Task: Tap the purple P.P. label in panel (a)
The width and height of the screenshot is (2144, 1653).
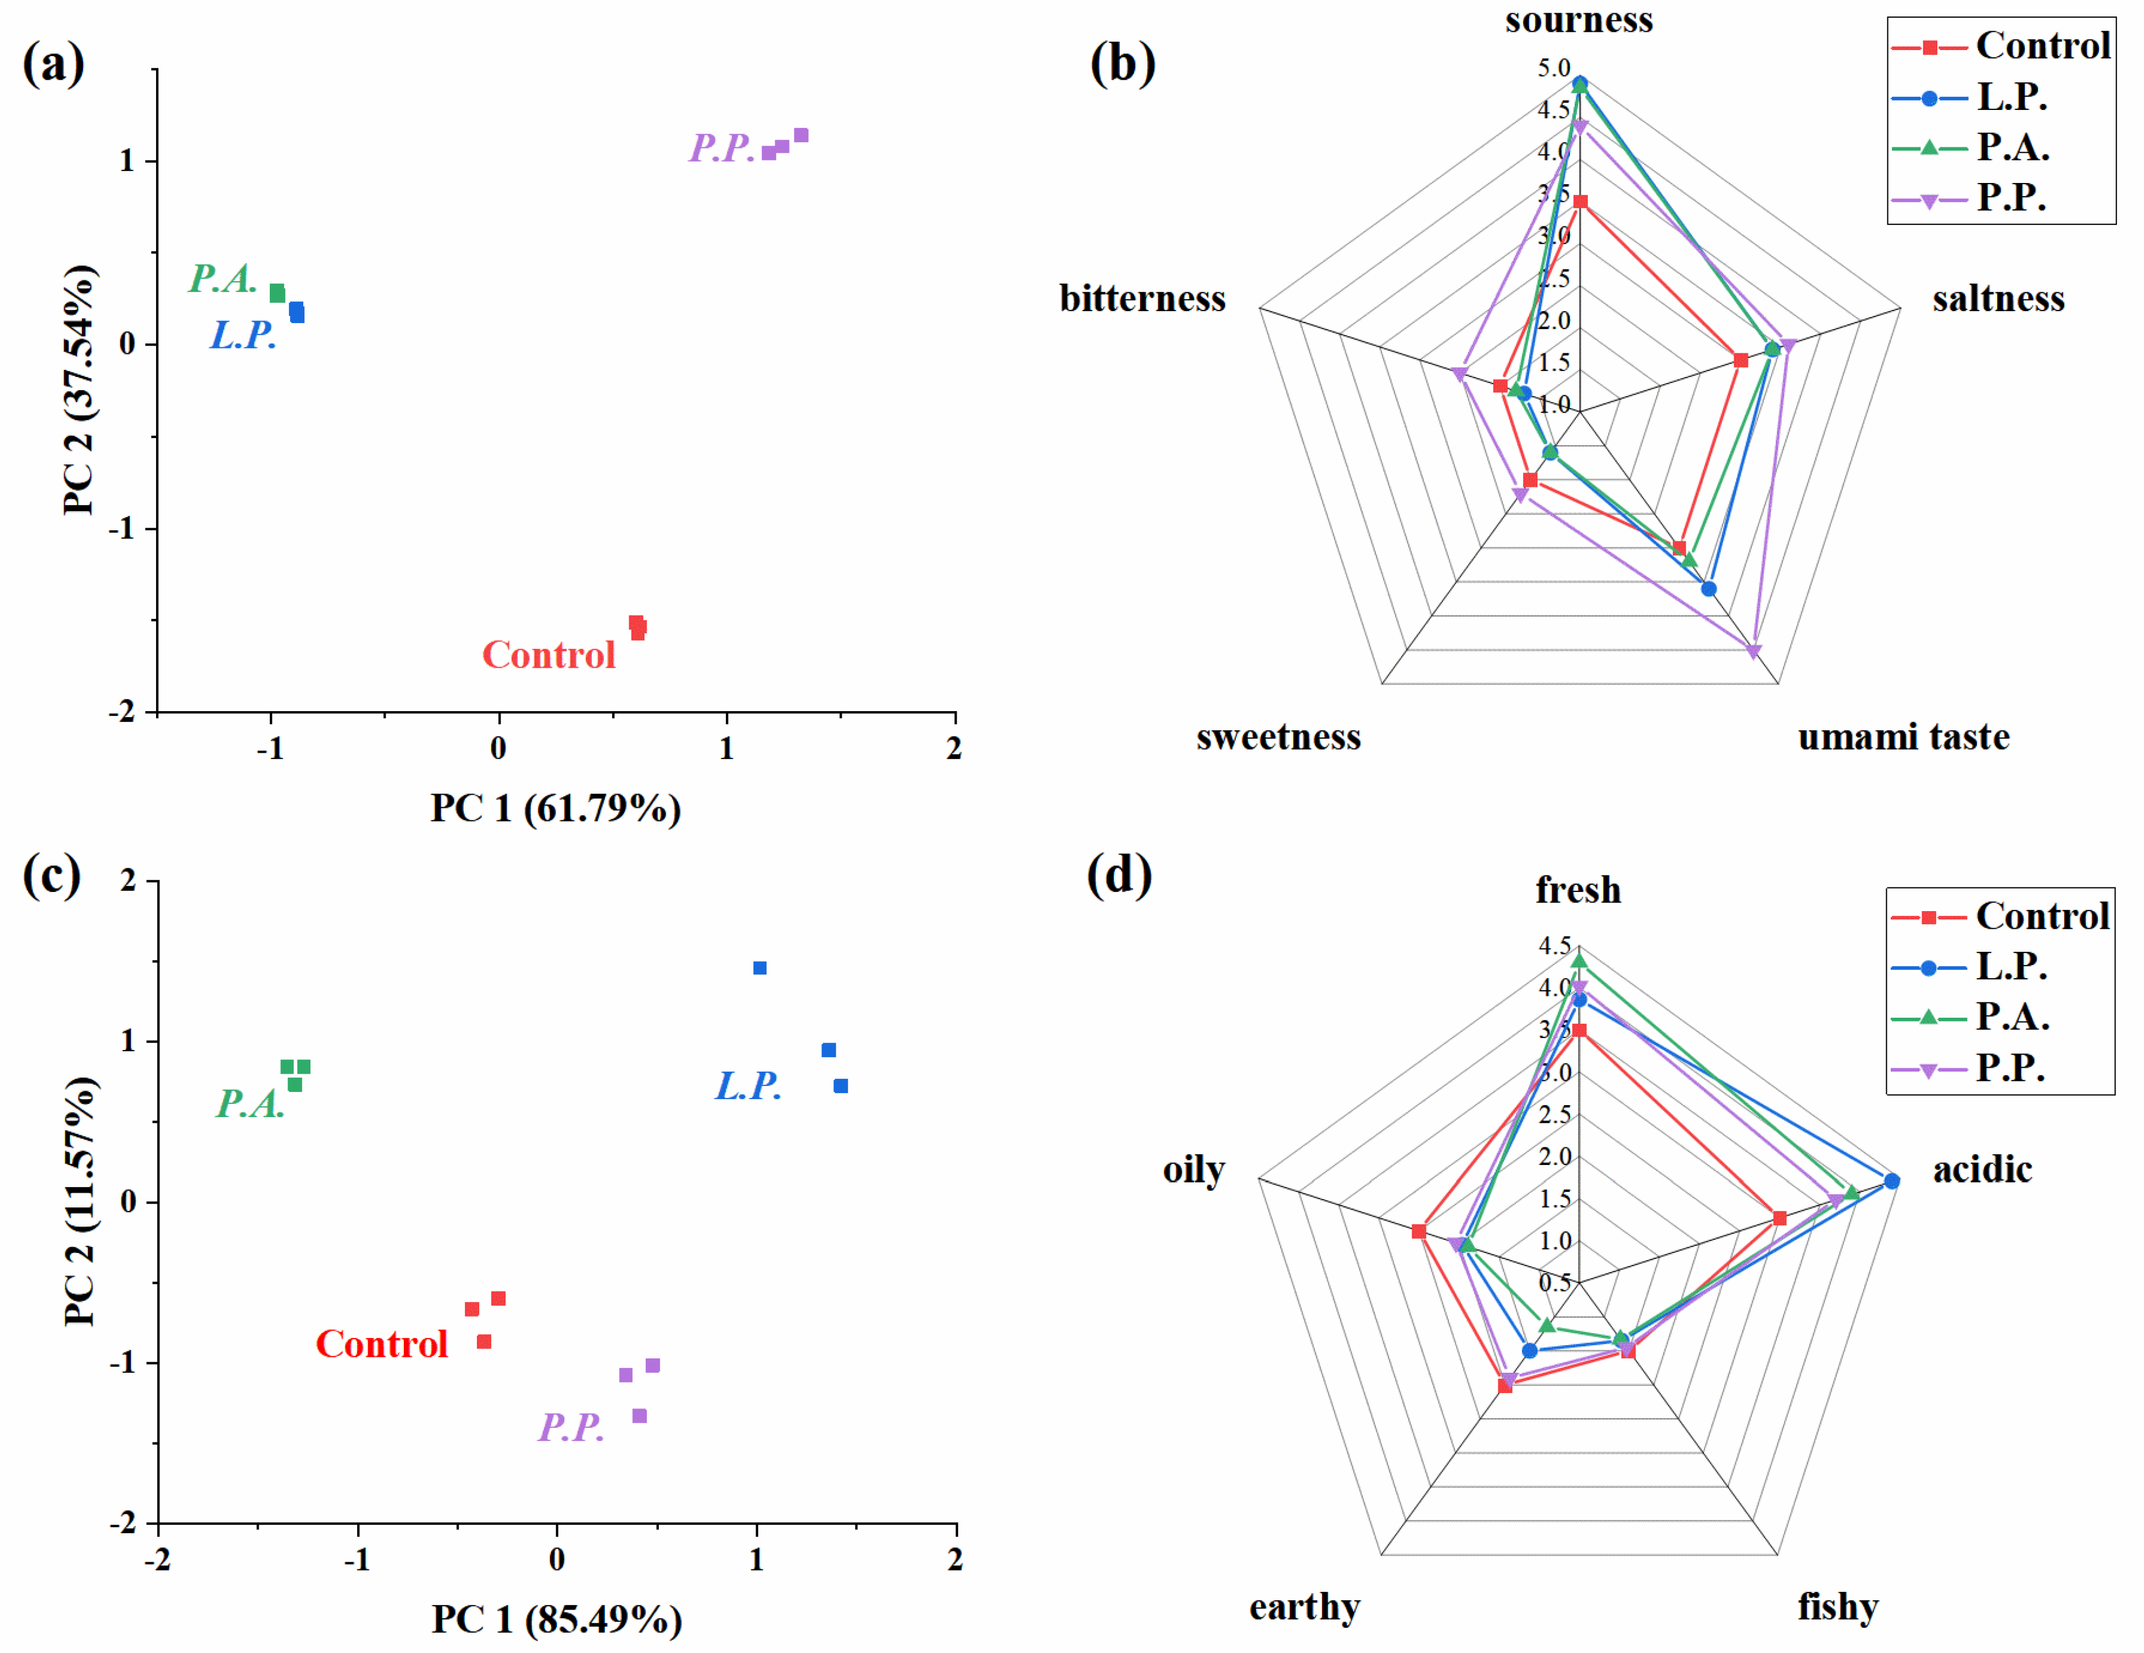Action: [721, 148]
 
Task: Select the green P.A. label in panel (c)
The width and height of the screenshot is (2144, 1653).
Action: [251, 1103]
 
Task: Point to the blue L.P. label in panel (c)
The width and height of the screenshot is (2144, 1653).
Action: [748, 1086]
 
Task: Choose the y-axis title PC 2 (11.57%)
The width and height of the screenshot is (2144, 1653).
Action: [81, 1201]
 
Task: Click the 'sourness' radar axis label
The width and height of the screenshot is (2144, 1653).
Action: [1579, 20]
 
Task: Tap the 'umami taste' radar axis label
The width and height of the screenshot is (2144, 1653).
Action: [1902, 736]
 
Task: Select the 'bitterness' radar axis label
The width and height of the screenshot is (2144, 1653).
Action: [1142, 298]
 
